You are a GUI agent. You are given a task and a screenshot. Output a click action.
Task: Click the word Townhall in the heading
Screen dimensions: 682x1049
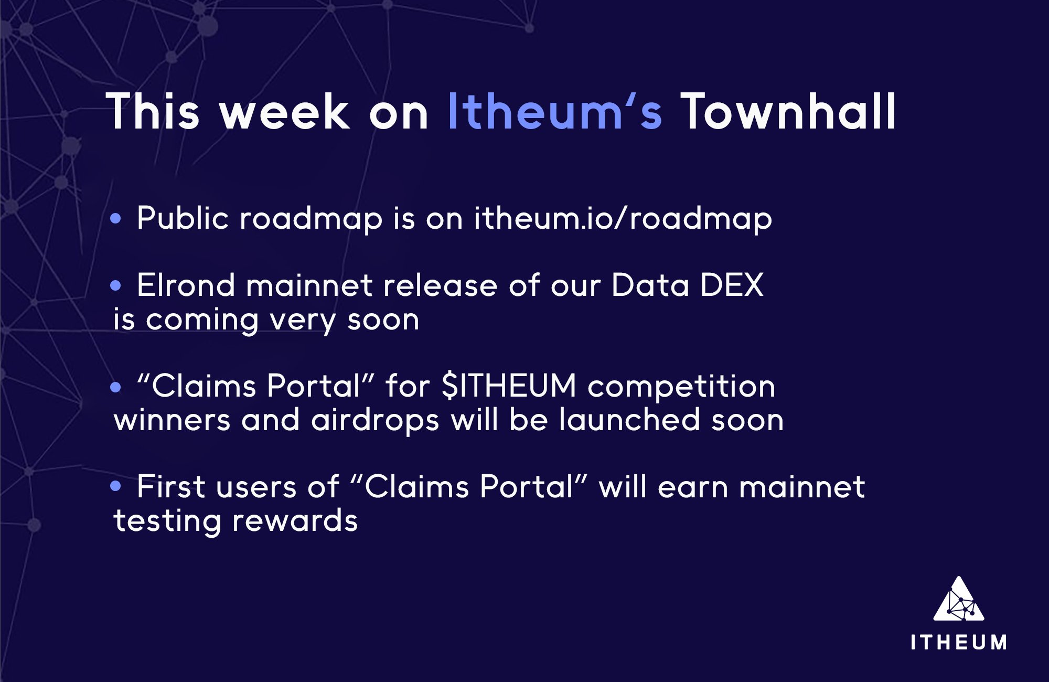[x=788, y=112]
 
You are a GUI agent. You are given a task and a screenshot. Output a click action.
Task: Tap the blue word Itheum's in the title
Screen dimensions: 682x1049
[x=554, y=112]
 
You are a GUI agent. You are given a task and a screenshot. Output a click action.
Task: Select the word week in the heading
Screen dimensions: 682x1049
[x=284, y=112]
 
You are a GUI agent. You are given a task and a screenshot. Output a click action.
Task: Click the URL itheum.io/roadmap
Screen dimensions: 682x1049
[x=623, y=218]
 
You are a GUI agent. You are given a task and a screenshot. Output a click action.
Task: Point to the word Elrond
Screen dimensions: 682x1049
[x=186, y=285]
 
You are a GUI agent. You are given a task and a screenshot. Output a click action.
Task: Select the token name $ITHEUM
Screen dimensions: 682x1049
[x=509, y=386]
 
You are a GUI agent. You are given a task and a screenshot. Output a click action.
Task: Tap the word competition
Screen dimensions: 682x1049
[x=681, y=387]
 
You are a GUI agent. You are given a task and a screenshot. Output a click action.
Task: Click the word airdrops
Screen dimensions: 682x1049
[x=374, y=421]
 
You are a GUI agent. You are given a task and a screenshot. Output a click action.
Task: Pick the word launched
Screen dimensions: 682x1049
[x=629, y=420]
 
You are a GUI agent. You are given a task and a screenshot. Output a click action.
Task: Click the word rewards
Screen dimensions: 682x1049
[x=295, y=520]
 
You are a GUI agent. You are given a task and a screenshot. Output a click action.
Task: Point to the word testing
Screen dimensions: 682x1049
[x=167, y=521]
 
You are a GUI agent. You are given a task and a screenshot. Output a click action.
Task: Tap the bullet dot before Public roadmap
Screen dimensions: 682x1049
[x=116, y=218]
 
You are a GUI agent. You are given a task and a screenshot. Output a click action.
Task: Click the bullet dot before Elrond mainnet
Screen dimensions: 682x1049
[x=116, y=285]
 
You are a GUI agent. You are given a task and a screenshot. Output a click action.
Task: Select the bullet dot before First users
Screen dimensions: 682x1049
[x=116, y=486]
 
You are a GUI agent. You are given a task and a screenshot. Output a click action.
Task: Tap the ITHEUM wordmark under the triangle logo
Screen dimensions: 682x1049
[x=959, y=643]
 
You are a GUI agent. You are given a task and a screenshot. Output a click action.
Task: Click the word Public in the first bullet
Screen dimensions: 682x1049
[x=183, y=218]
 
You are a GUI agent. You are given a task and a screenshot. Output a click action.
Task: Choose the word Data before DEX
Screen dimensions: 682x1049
[x=650, y=285]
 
